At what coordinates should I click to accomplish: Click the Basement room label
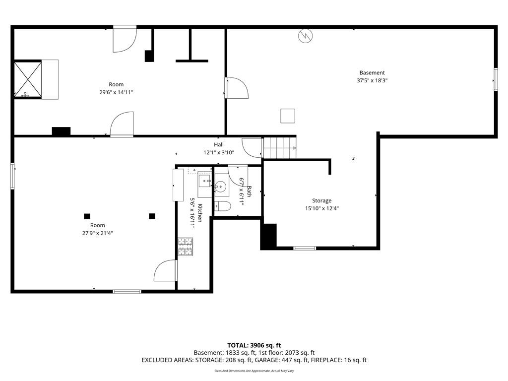point(372,73)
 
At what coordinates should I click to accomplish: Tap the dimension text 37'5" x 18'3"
point(372,81)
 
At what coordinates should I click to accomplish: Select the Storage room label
point(321,201)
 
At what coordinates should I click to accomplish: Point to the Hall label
point(219,145)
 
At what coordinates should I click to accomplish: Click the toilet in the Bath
point(222,206)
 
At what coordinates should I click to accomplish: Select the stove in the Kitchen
point(186,247)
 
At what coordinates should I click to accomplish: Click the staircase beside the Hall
point(280,148)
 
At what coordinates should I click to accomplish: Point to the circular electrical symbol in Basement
point(306,36)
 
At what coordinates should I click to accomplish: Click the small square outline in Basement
point(288,116)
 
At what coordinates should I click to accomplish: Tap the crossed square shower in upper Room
point(28,79)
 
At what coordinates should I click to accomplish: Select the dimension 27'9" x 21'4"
point(98,233)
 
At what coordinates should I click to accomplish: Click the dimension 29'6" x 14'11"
point(116,92)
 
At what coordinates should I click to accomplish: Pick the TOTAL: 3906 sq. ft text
point(254,345)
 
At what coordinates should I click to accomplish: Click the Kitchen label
point(200,213)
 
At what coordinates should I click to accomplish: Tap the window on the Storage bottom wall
point(305,249)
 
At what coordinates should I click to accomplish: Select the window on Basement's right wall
point(496,79)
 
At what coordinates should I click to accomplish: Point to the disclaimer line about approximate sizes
point(254,371)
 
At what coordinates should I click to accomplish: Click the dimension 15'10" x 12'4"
point(321,209)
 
